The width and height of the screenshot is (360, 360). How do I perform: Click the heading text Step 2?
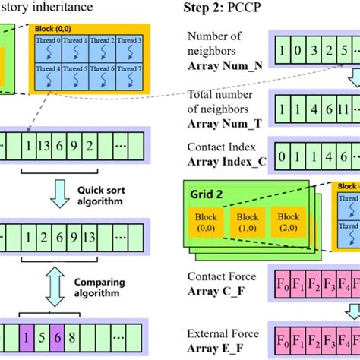coord(204,8)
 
